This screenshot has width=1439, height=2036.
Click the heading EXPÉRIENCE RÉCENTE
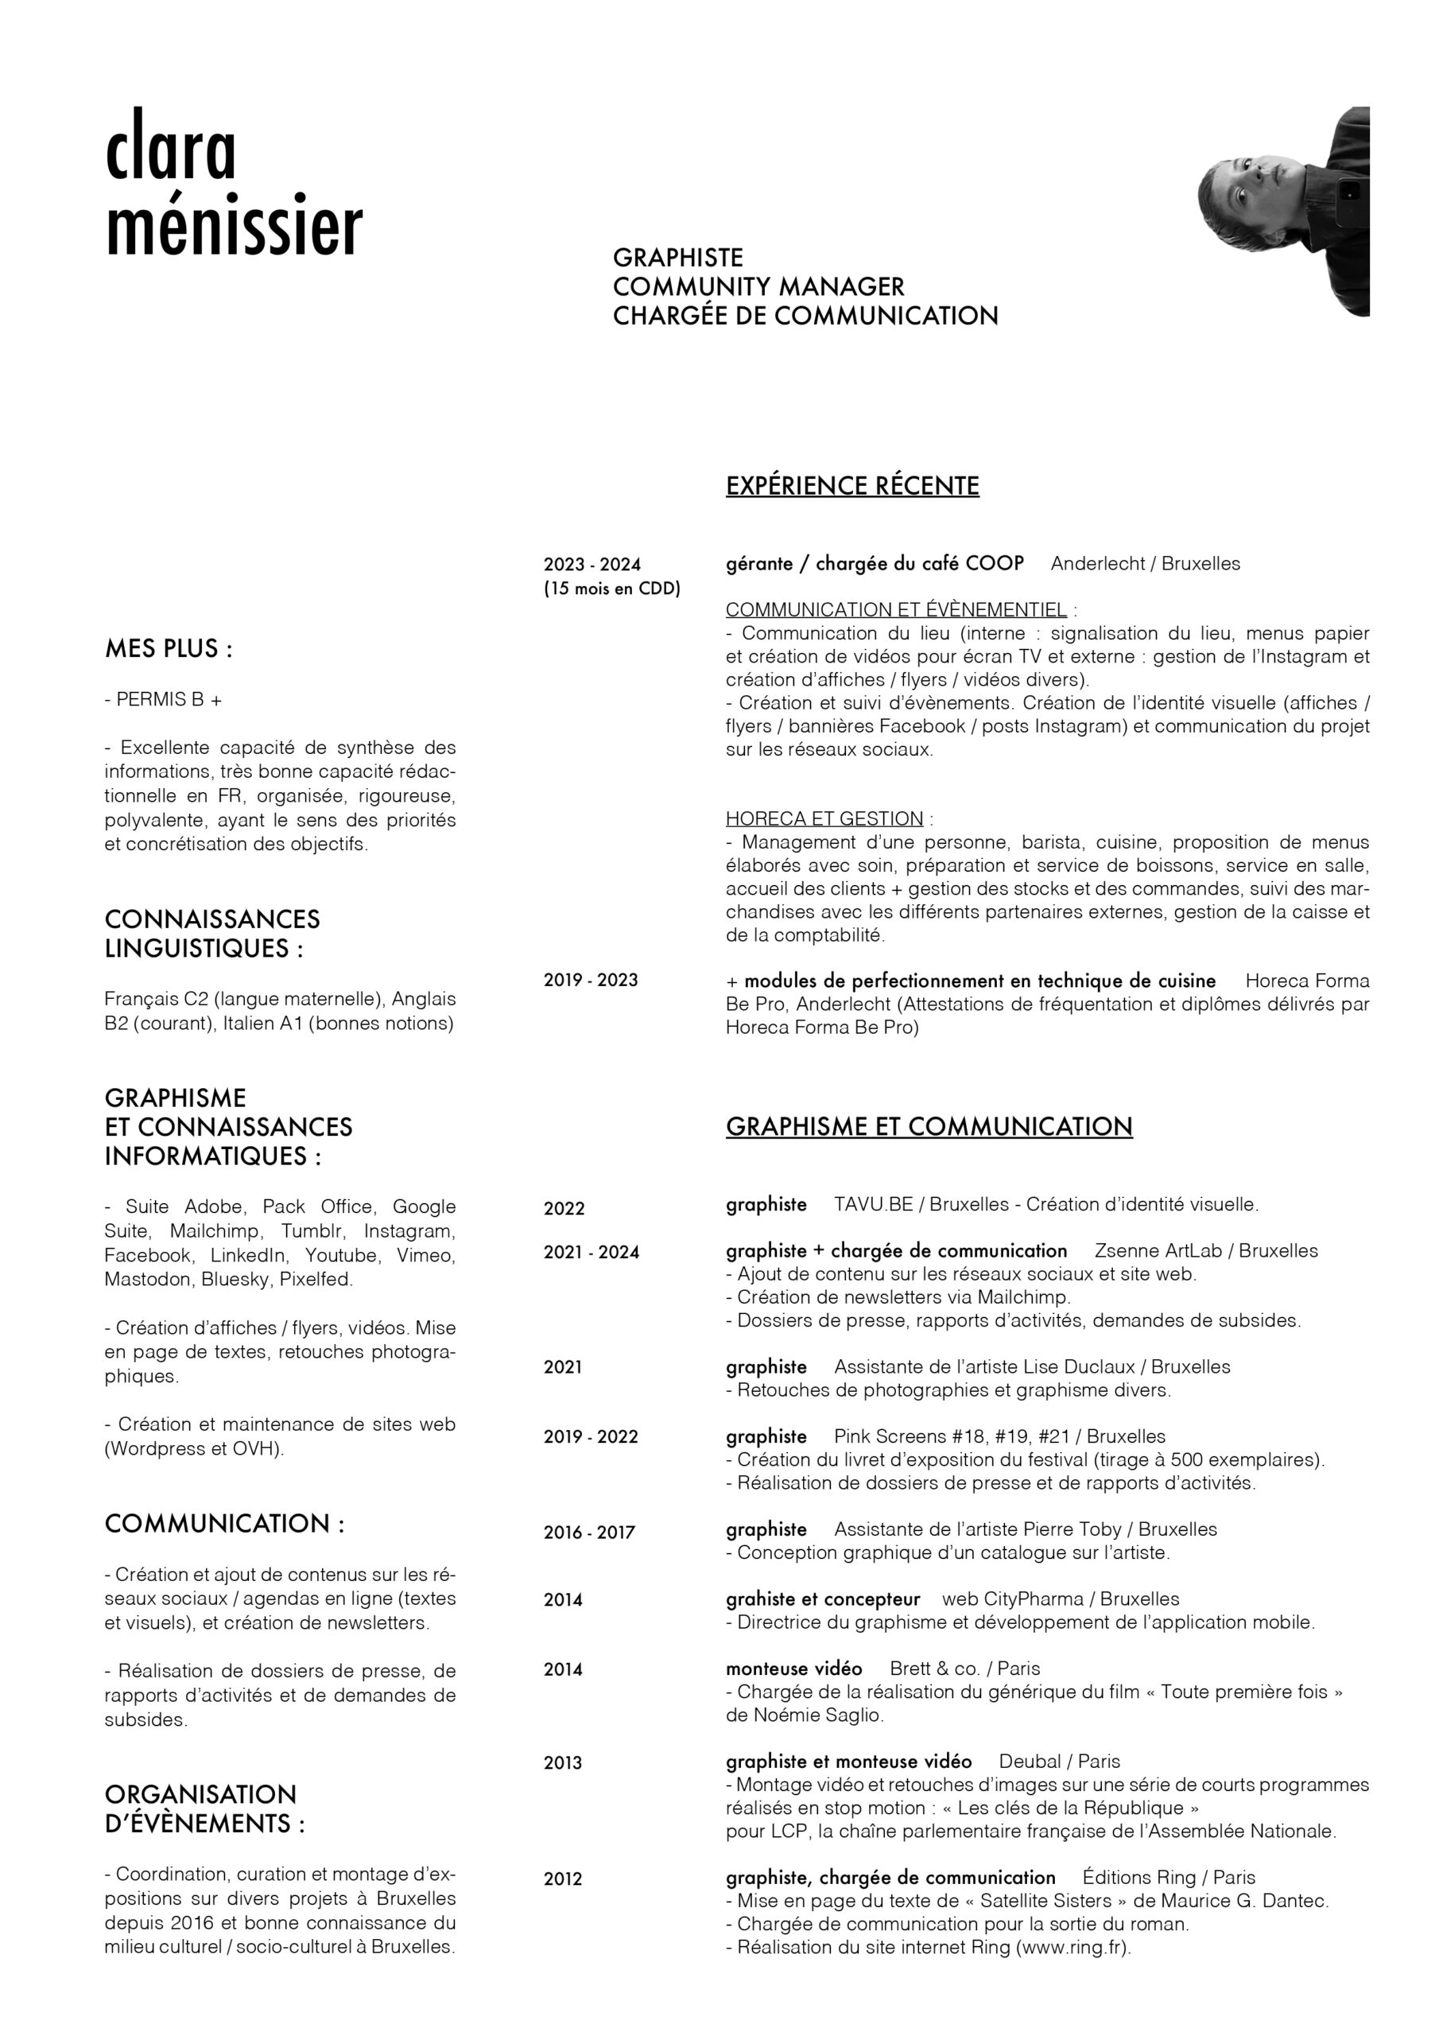click(x=852, y=486)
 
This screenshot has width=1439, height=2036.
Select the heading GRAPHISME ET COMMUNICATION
click(x=929, y=1126)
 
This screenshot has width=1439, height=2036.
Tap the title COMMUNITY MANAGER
click(x=758, y=286)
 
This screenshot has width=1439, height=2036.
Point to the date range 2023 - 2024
click(x=592, y=564)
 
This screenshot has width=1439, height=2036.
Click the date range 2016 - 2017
click(x=589, y=1533)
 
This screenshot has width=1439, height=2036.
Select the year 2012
click(x=563, y=1879)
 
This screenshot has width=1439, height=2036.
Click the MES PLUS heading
click(x=169, y=648)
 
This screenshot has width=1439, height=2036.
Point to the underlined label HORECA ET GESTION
click(x=824, y=818)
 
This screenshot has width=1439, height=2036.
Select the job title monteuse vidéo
click(x=793, y=1668)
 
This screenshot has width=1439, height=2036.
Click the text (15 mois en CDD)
click(x=612, y=588)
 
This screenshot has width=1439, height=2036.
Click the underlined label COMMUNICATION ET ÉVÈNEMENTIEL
click(x=895, y=609)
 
